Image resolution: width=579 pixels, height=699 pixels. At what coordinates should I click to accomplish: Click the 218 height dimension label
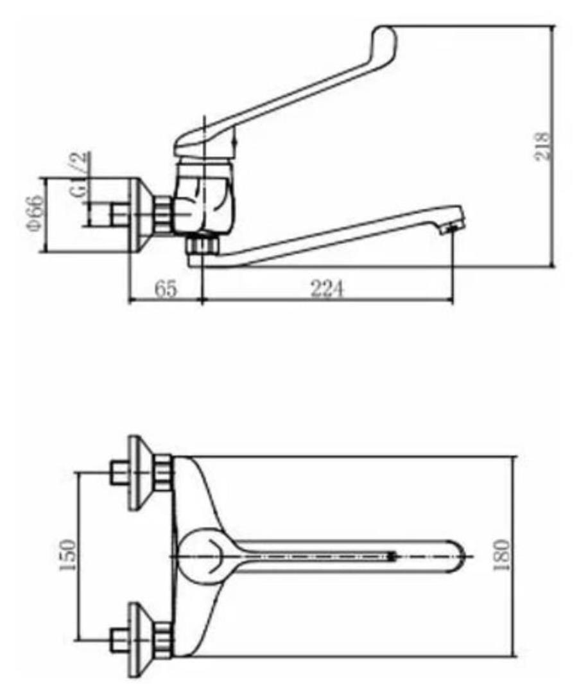(542, 146)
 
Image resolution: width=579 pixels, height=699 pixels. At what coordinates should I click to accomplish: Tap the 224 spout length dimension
(327, 289)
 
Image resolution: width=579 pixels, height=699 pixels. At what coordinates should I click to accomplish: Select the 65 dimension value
(166, 289)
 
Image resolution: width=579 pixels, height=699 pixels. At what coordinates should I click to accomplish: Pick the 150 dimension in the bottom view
(67, 554)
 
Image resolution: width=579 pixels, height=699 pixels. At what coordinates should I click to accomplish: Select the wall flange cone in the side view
(142, 215)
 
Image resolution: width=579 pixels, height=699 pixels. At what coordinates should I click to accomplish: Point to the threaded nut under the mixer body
(203, 244)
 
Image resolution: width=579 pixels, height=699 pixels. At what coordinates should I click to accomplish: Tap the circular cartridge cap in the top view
(203, 556)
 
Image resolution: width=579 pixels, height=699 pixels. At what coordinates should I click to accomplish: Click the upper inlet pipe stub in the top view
(119, 473)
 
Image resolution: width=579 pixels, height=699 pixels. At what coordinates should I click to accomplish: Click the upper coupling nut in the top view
(163, 473)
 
